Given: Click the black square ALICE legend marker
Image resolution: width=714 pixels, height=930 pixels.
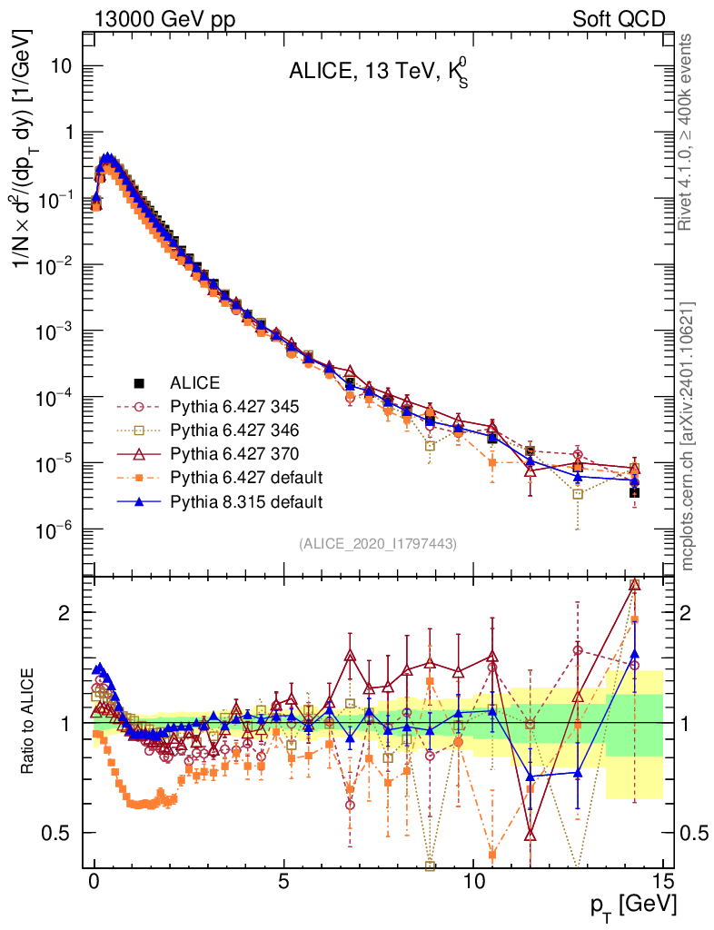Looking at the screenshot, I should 140,382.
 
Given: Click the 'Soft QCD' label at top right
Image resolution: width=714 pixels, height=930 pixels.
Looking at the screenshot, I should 619,18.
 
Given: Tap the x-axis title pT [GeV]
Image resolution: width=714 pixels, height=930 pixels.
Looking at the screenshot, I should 630,905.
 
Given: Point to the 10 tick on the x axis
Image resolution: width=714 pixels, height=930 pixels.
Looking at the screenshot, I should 473,882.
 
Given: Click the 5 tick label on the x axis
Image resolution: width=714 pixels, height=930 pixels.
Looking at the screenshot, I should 283,882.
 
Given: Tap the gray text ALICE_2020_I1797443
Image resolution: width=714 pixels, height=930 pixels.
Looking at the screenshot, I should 378,543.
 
